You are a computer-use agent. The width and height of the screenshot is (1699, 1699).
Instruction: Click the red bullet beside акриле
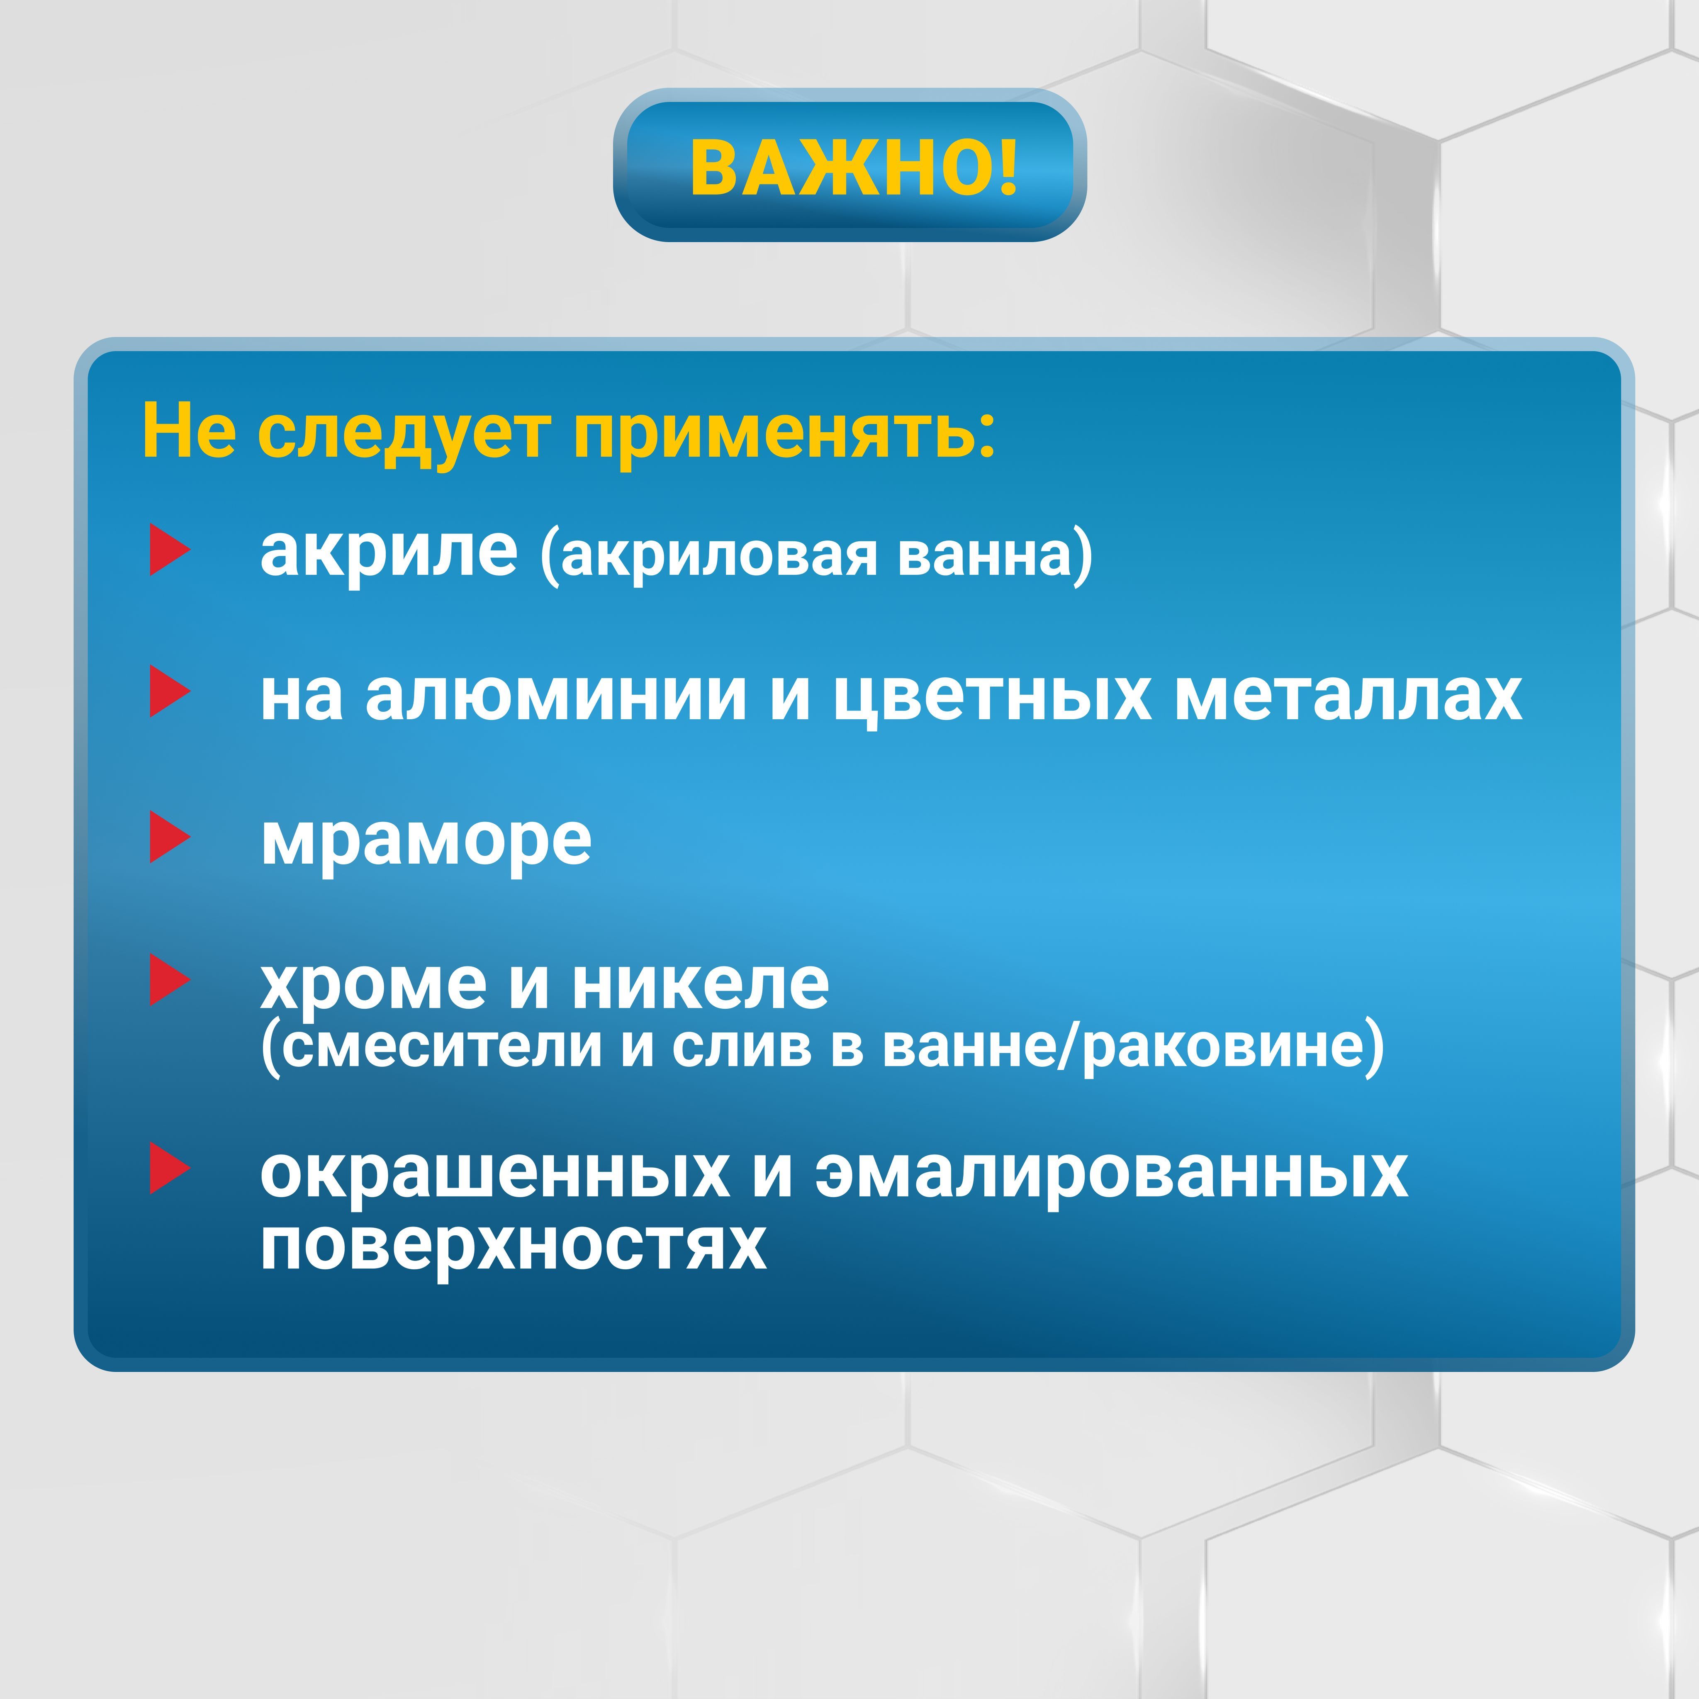(170, 550)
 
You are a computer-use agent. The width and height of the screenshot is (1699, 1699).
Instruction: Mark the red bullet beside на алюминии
(170, 691)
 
